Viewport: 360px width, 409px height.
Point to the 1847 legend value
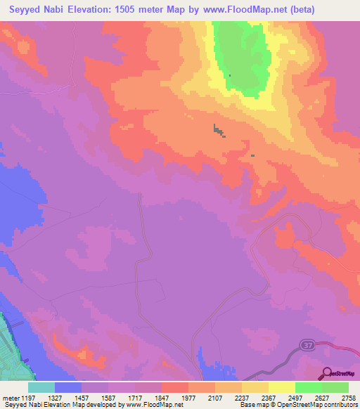(x=161, y=397)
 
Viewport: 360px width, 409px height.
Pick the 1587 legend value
(x=108, y=397)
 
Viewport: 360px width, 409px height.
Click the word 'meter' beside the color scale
(x=8, y=397)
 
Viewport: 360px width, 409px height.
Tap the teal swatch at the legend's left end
(x=41, y=387)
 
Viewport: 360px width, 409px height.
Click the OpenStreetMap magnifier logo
(x=328, y=373)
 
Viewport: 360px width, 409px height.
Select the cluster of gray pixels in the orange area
(x=219, y=131)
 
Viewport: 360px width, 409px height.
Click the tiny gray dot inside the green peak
(x=229, y=75)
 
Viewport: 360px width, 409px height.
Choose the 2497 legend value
(x=295, y=397)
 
